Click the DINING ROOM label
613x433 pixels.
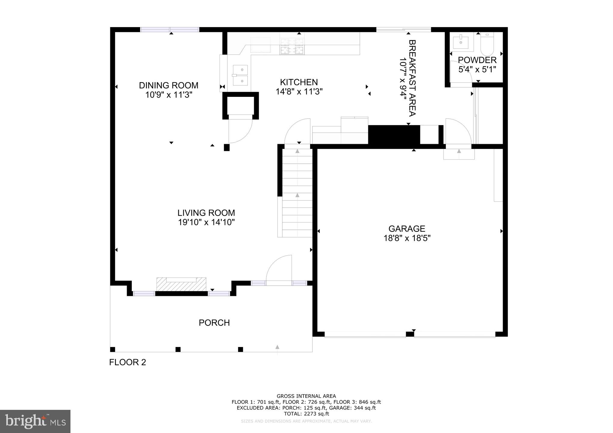[168, 85]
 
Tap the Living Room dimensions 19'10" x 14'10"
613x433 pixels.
[206, 222]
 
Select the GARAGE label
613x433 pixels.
[407, 229]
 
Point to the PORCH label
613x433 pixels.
[214, 323]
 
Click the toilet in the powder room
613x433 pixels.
[487, 44]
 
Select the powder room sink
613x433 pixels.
[461, 42]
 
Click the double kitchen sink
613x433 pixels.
[240, 75]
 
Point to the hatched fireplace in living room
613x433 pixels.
[181, 284]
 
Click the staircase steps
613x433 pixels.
[297, 192]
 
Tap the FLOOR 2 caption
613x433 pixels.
[127, 362]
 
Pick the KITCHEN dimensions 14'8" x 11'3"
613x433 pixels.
[299, 92]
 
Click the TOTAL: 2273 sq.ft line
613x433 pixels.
[306, 414]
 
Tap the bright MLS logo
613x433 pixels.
[35, 421]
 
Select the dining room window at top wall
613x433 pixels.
[170, 29]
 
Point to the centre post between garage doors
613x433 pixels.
[410, 334]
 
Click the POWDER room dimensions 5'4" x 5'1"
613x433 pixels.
[477, 69]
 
